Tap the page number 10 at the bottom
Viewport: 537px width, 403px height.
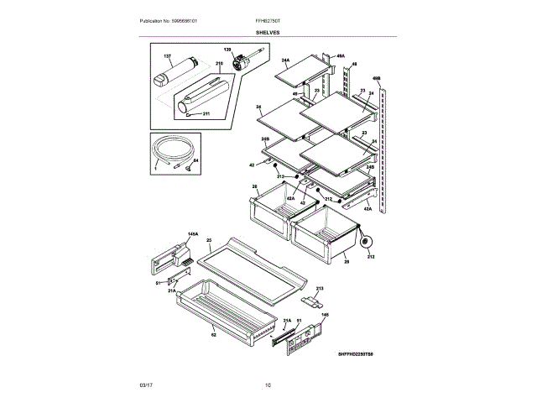[x=268, y=385]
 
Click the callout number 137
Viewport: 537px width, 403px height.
[x=167, y=56]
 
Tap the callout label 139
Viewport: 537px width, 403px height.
[x=227, y=51]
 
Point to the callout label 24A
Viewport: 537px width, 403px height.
[x=285, y=61]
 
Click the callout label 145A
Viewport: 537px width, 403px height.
[x=192, y=234]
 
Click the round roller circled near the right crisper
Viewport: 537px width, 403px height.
[x=366, y=244]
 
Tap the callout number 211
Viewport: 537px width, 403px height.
[x=207, y=112]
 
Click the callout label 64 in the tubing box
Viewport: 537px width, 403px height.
[x=196, y=159]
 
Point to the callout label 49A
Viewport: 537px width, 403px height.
[x=317, y=55]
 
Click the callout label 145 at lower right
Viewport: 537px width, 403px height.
[x=325, y=316]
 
